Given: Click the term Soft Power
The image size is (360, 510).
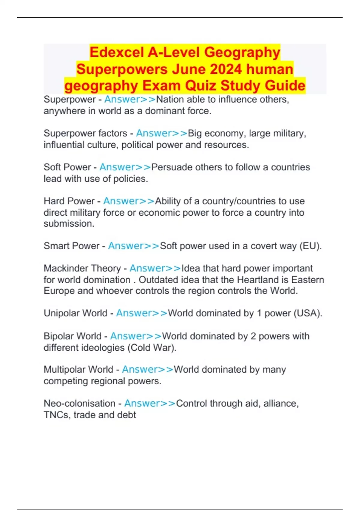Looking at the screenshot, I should pos(67,167).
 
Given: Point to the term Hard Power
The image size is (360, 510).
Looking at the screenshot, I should pos(69,201).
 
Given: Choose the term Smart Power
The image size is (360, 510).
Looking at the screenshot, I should pos(71,246).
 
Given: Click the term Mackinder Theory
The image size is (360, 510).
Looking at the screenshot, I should pos(82,268).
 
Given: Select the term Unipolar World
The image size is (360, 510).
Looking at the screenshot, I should pos(76,313).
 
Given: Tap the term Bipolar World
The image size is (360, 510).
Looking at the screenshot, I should pos(73,336).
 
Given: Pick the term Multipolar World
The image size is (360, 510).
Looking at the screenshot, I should pos(79,369).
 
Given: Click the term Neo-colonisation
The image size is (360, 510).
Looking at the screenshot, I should pos(79,403).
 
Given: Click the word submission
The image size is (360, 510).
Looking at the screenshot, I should pos(69,224).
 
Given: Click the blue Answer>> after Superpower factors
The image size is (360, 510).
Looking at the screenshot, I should pos(162,133).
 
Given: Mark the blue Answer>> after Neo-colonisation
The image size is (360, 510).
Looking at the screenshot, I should pos(150,403).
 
